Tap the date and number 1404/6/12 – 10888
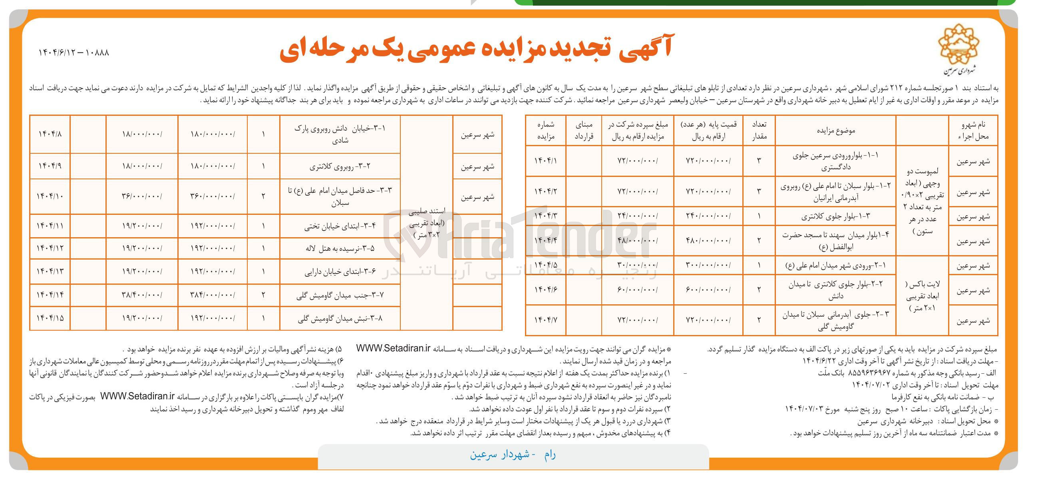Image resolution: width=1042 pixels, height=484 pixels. point(74,53)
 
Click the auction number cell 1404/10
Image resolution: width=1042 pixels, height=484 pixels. point(50,196)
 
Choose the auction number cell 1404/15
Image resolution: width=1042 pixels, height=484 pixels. point(50,318)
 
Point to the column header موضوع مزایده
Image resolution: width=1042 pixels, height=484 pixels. point(835,131)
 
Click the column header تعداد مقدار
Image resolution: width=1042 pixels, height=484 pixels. point(759,131)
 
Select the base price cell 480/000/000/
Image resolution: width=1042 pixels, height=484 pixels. point(708,240)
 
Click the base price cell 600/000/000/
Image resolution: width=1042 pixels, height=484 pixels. point(708,290)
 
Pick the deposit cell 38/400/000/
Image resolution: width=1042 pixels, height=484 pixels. point(141,295)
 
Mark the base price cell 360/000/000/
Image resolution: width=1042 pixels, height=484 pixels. point(213,196)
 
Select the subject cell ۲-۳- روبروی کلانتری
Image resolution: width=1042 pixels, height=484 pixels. point(340,166)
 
